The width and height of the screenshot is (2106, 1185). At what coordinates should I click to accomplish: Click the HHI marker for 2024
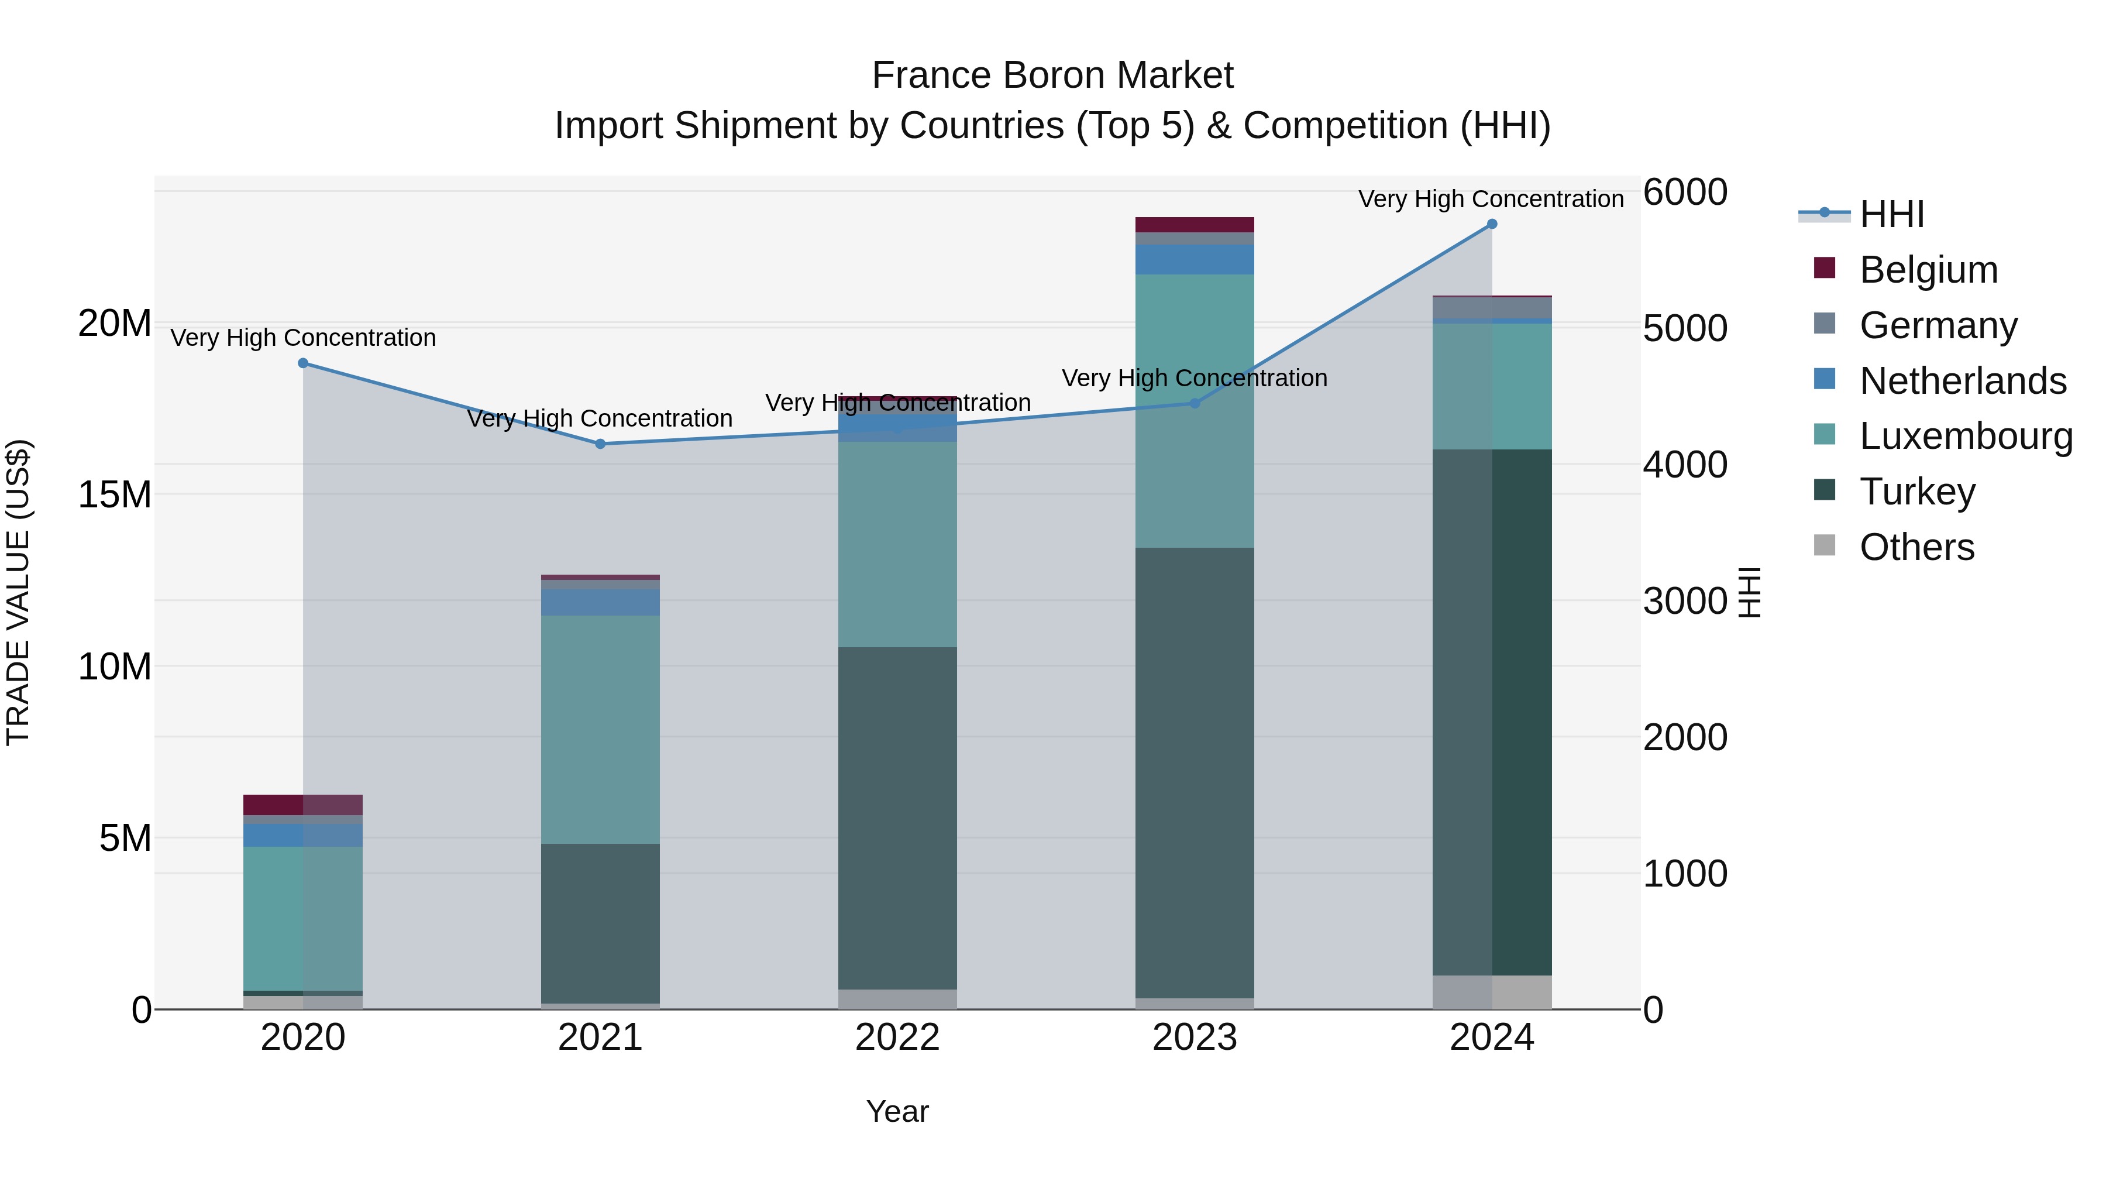tap(1492, 224)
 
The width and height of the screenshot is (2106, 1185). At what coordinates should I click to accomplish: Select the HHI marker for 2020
tap(303, 363)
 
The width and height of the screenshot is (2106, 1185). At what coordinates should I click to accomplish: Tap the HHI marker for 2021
tap(600, 444)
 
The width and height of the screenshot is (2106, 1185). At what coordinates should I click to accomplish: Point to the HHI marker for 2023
tap(1195, 403)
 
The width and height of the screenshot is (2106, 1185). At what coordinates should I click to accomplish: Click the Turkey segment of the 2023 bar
tap(1195, 773)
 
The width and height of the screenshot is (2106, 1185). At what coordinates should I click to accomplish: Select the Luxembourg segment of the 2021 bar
tap(600, 730)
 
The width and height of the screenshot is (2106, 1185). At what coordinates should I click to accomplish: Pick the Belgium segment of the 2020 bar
tap(302, 805)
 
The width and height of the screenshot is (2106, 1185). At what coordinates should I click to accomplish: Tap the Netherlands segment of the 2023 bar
tap(1195, 259)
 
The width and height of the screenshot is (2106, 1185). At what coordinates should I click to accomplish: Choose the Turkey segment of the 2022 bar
tap(897, 818)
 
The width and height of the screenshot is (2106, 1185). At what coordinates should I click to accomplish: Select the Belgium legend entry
tap(1928, 270)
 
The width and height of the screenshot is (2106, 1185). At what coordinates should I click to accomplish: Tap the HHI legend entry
tap(1891, 214)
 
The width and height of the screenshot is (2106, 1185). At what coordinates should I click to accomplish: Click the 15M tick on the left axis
tap(115, 494)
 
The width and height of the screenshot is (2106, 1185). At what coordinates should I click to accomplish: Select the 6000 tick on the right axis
tap(1685, 193)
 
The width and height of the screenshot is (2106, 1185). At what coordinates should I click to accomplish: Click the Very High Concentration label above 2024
tap(1491, 199)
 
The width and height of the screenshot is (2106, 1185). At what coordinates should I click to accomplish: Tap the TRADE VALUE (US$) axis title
tap(18, 592)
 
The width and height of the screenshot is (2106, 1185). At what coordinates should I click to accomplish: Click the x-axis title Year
tap(897, 1111)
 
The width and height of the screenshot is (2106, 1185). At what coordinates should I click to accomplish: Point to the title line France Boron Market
tap(1052, 75)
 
